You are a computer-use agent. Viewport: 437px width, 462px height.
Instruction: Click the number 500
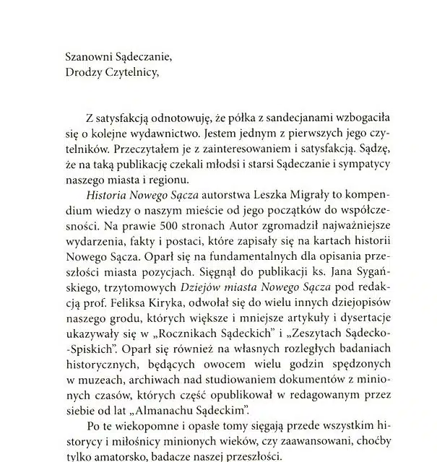tap(162, 229)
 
